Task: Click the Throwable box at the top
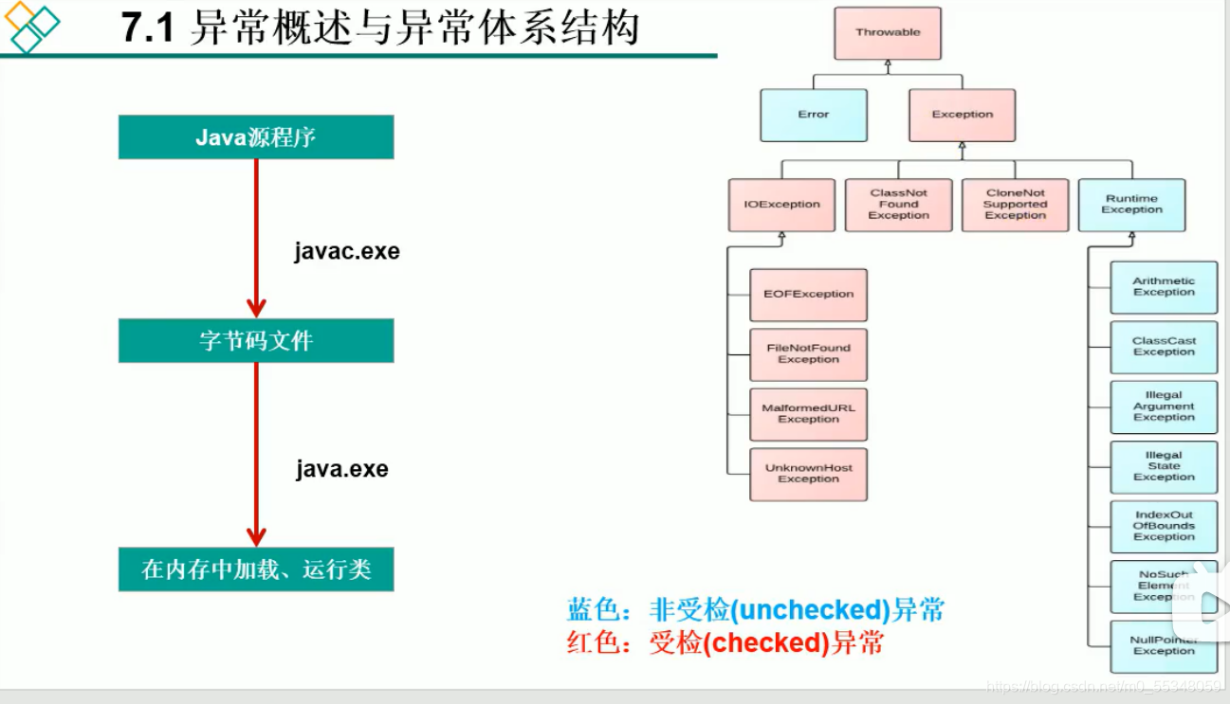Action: pyautogui.click(x=888, y=33)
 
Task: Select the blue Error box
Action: pyautogui.click(x=814, y=115)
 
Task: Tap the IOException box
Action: pyautogui.click(x=781, y=205)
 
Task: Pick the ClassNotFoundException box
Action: pyautogui.click(x=898, y=205)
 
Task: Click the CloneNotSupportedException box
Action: pyautogui.click(x=1015, y=205)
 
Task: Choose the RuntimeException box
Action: pyautogui.click(x=1131, y=205)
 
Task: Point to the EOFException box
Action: pyautogui.click(x=808, y=295)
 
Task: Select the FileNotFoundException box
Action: pyautogui.click(x=808, y=354)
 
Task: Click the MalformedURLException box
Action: pyautogui.click(x=808, y=414)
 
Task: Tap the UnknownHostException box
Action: pyautogui.click(x=808, y=474)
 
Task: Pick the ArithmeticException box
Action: pyautogui.click(x=1164, y=287)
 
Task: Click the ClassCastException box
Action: pyautogui.click(x=1164, y=347)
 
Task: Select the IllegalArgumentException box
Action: pyautogui.click(x=1164, y=406)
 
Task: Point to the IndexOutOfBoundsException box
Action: pyautogui.click(x=1164, y=526)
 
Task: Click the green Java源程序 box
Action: pyautogui.click(x=256, y=137)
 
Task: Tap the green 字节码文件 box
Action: pyautogui.click(x=256, y=340)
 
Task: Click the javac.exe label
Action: pyautogui.click(x=347, y=252)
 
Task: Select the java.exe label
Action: pyautogui.click(x=341, y=469)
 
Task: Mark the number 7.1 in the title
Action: pyautogui.click(x=148, y=29)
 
